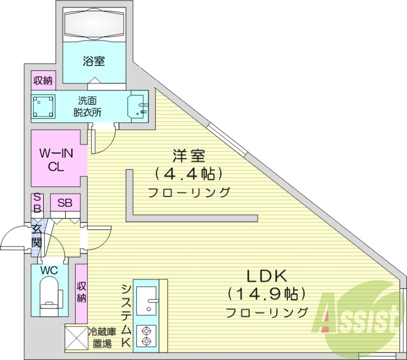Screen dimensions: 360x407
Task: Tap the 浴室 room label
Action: tap(94, 62)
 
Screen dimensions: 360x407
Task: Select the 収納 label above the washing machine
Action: tap(43, 80)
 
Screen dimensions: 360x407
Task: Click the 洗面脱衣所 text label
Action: tap(88, 106)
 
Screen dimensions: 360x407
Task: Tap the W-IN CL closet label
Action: tap(55, 158)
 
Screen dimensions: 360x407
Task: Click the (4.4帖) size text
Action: tap(189, 174)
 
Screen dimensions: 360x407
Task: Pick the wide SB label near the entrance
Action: tap(65, 203)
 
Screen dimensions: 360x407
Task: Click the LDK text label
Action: tap(267, 276)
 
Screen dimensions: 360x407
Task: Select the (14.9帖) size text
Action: tap(267, 294)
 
